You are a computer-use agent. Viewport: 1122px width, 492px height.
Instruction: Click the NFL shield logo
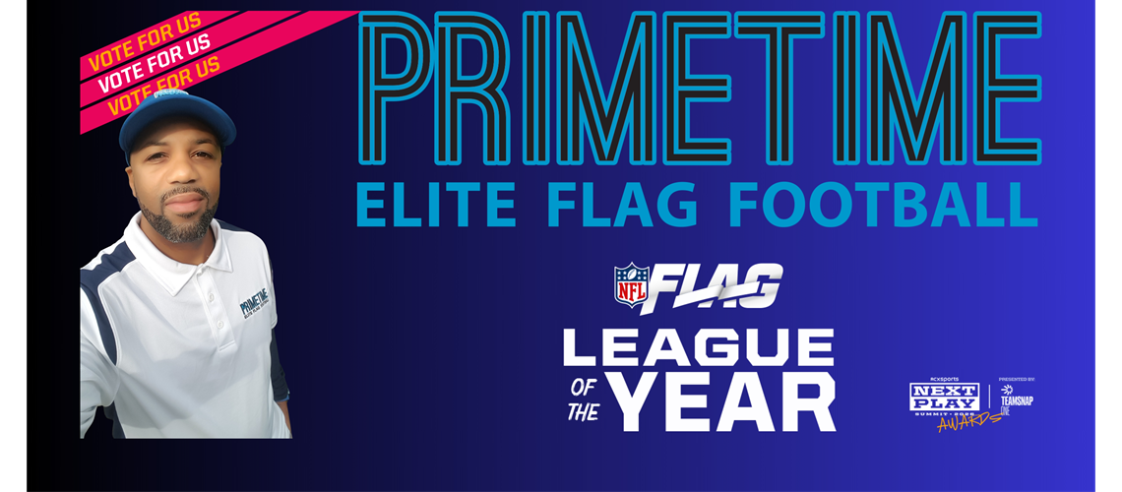pyautogui.click(x=631, y=283)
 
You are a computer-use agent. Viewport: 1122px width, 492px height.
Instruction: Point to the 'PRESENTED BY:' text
pyautogui.click(x=1016, y=379)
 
